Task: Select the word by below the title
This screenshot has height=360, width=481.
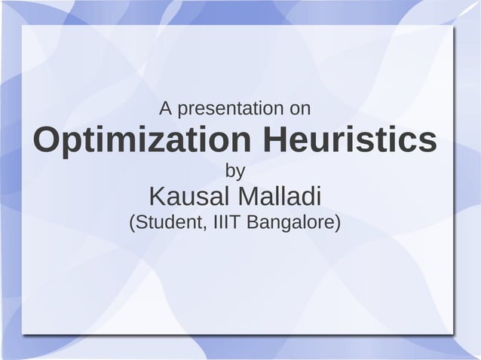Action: (235, 172)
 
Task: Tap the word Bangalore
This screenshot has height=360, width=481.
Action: (290, 224)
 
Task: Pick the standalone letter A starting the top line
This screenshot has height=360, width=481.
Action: (164, 109)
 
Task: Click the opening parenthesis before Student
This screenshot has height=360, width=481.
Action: (133, 224)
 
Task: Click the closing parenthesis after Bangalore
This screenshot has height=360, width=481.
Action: (338, 224)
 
